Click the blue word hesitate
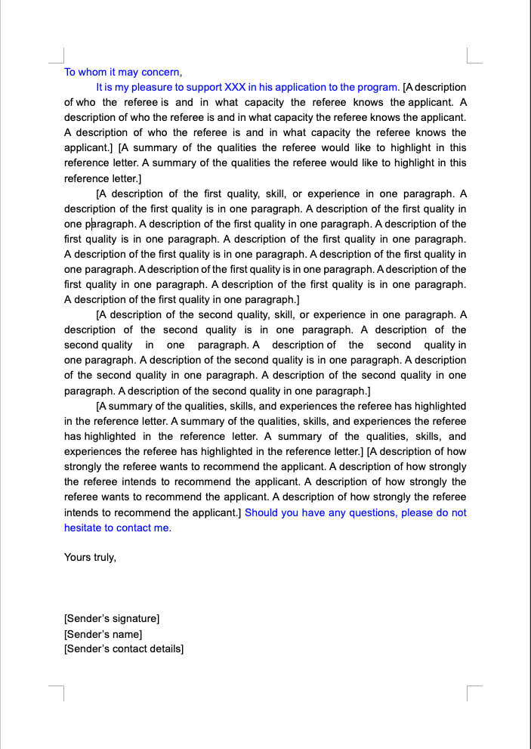[x=82, y=528]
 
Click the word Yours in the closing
[x=78, y=557]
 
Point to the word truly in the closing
[x=105, y=557]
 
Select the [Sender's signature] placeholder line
[x=112, y=618]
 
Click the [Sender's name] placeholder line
[x=103, y=634]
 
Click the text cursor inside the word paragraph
[x=91, y=224]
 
